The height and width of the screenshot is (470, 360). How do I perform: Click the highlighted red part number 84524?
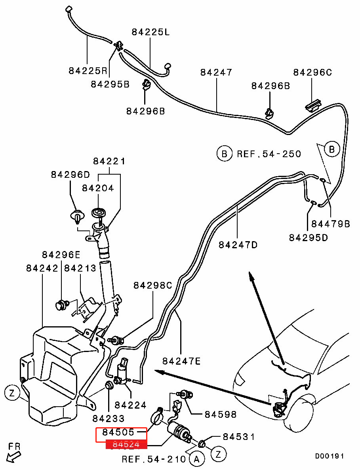pyautogui.click(x=126, y=444)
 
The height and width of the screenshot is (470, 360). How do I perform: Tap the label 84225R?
pyautogui.click(x=88, y=71)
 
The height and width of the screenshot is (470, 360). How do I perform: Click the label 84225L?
pyautogui.click(x=150, y=32)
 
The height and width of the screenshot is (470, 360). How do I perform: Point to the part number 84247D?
pyautogui.click(x=238, y=245)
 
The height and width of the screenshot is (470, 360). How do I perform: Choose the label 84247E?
pyautogui.click(x=181, y=361)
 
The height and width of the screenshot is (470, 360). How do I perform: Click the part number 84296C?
pyautogui.click(x=312, y=72)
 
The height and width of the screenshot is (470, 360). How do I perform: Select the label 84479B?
pyautogui.click(x=331, y=224)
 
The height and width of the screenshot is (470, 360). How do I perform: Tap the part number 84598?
pyautogui.click(x=220, y=415)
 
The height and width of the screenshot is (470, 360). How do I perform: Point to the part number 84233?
pyautogui.click(x=109, y=418)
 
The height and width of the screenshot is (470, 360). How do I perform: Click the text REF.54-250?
pyautogui.click(x=269, y=154)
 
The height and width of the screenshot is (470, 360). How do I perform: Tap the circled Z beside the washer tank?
pyautogui.click(x=12, y=393)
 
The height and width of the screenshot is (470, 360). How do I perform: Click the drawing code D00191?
pyautogui.click(x=330, y=456)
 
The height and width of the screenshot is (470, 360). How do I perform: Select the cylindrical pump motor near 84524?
pyautogui.click(x=179, y=431)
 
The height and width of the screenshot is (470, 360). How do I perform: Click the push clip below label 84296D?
pyautogui.click(x=77, y=217)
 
